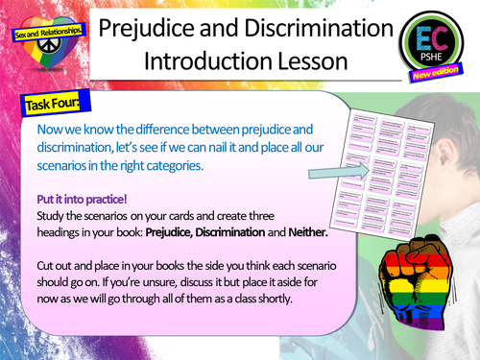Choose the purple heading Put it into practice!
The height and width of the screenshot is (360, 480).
[x=83, y=201]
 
